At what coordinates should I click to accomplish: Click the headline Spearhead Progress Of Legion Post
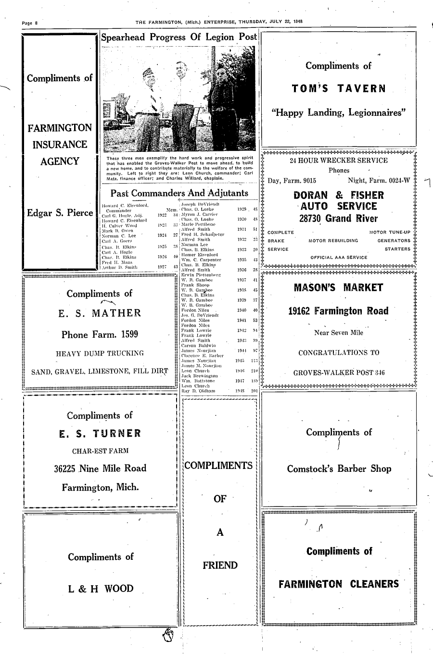(178, 37)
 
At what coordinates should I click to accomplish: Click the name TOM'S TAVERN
(339, 89)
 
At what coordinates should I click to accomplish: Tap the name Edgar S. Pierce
(60, 212)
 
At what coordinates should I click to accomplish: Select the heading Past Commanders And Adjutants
(179, 193)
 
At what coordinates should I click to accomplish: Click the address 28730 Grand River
(339, 219)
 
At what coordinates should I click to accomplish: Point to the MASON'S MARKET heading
(338, 288)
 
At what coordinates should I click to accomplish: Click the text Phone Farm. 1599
(100, 334)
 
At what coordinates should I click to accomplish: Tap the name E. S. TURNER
(100, 433)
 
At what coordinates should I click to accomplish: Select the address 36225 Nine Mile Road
(100, 468)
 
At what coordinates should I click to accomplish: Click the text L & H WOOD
(101, 589)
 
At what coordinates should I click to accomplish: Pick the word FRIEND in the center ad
(220, 566)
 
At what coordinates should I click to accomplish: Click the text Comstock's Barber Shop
(339, 469)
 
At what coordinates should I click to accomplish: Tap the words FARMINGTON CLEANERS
(339, 584)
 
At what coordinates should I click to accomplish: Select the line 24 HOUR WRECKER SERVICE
(339, 160)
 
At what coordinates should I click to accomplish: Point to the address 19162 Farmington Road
(338, 311)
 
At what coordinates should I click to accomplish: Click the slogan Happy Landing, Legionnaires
(339, 113)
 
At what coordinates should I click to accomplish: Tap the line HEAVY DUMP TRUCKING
(100, 354)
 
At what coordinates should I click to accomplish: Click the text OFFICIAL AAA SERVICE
(339, 257)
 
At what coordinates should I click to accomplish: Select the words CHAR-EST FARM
(100, 451)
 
